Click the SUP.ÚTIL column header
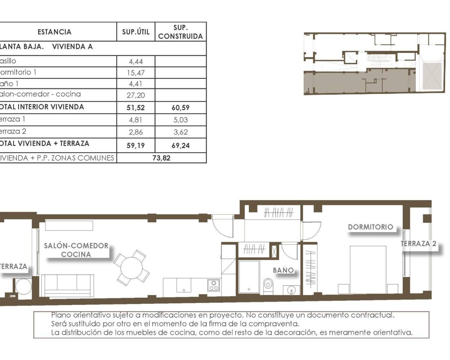(x=136, y=32)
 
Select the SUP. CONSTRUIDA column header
(x=180, y=32)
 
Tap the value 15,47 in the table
(x=136, y=73)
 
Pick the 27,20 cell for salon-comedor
(x=136, y=95)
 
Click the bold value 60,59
(x=180, y=108)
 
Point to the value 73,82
(x=161, y=158)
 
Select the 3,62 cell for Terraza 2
(x=180, y=132)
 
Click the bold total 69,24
(x=180, y=145)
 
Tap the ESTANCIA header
(x=54, y=32)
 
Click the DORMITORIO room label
(x=371, y=227)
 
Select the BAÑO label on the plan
(x=283, y=270)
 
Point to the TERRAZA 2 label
(x=419, y=243)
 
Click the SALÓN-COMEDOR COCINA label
(x=76, y=250)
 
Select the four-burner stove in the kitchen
(x=213, y=285)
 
